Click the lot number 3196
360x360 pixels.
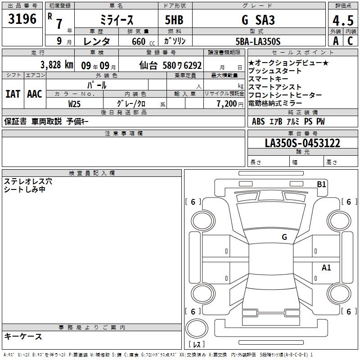tap(22, 19)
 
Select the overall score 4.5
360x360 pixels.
tap(343, 21)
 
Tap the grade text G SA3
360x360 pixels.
tap(258, 20)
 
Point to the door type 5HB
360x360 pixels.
tap(174, 20)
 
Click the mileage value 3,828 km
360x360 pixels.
tap(57, 65)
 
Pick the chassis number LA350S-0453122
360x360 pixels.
tap(302, 143)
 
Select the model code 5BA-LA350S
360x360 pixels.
tap(258, 41)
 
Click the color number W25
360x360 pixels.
tap(74, 104)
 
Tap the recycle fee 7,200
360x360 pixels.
tap(226, 104)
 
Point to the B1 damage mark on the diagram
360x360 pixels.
tap(321, 184)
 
